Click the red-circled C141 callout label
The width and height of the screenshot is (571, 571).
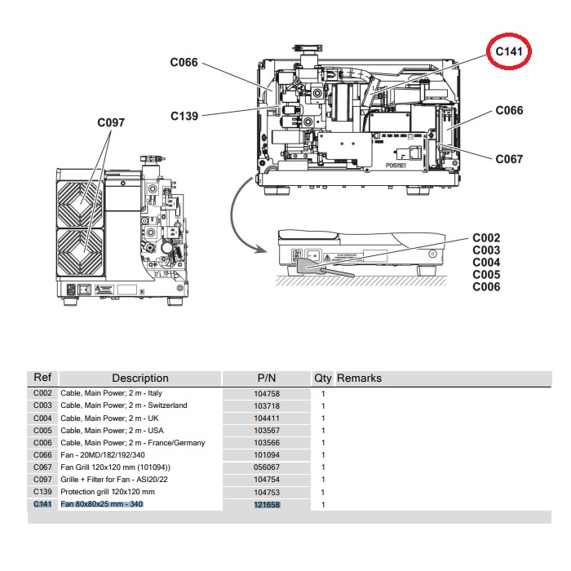[x=509, y=51]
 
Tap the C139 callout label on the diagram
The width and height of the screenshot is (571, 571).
[x=184, y=116]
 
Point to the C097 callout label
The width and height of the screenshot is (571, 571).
[x=111, y=122]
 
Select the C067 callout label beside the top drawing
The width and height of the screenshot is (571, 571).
[x=509, y=159]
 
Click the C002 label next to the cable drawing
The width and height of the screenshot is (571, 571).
[x=486, y=238]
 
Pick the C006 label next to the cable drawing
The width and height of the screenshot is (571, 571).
[x=486, y=287]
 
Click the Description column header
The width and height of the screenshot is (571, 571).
[x=140, y=378]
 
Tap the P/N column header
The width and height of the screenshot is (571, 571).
[x=267, y=378]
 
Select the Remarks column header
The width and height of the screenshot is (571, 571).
[x=359, y=378]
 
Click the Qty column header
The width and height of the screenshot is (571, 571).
[x=323, y=378]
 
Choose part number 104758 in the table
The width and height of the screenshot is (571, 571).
[x=267, y=393]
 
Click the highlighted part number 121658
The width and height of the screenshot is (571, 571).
[x=267, y=505]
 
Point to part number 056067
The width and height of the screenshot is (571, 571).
[x=267, y=467]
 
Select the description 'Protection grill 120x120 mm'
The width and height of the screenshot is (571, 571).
[x=108, y=493]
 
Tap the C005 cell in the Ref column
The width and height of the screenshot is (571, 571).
[x=42, y=430]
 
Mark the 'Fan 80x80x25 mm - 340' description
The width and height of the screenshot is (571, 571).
[x=103, y=505]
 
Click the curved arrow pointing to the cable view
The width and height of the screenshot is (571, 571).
[x=237, y=216]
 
